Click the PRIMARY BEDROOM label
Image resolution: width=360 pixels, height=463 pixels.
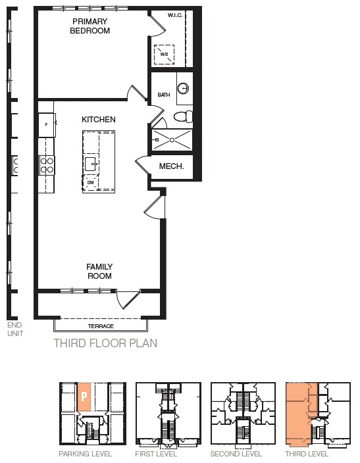(90, 26)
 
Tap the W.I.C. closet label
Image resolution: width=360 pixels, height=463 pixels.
(175, 15)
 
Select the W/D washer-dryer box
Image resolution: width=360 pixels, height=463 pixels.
(164, 55)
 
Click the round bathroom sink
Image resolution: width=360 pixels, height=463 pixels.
(183, 88)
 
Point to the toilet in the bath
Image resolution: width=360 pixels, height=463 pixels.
(183, 116)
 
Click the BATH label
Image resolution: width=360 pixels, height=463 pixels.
(164, 95)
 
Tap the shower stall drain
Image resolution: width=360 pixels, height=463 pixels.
(172, 140)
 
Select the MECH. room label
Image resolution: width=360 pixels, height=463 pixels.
(171, 166)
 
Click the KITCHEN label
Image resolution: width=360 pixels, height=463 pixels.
(99, 120)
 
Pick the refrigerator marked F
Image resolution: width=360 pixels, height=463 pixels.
(47, 125)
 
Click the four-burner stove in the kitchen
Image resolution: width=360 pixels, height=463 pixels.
(47, 165)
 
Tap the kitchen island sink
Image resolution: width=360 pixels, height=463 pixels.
(91, 164)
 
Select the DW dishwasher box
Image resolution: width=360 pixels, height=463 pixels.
(90, 183)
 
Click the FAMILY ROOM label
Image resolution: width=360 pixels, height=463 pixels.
(99, 272)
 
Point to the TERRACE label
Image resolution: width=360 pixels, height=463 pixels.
(101, 326)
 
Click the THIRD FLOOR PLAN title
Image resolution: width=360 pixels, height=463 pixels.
(105, 343)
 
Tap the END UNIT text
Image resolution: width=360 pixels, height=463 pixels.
(14, 329)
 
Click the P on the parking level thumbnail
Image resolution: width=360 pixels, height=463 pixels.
(84, 397)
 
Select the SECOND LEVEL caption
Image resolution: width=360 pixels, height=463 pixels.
(236, 454)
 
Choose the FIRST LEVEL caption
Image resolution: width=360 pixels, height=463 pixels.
(156, 454)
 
